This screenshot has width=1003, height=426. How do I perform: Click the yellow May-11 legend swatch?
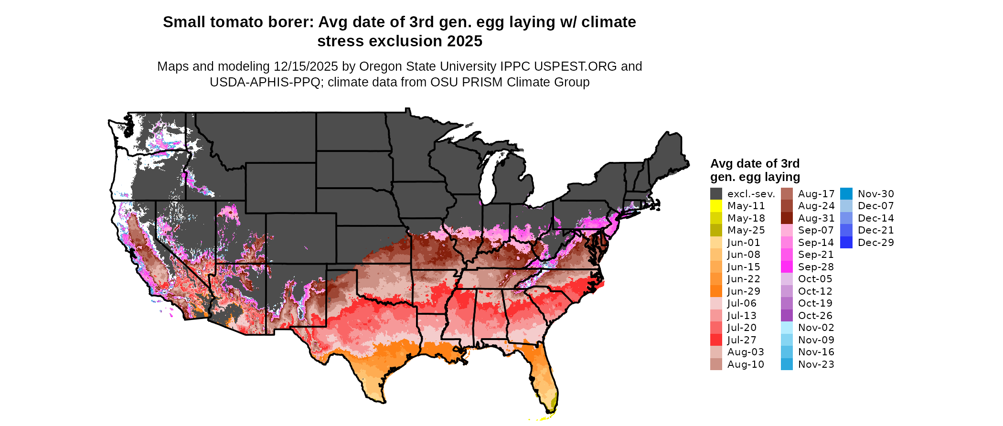pyautogui.click(x=716, y=206)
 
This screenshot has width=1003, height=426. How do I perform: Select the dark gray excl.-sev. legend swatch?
pyautogui.click(x=716, y=194)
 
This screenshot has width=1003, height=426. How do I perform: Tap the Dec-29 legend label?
pyautogui.click(x=875, y=243)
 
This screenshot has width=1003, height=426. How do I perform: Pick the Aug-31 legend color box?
pyautogui.click(x=787, y=218)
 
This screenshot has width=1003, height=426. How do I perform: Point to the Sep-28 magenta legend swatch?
pyautogui.click(x=787, y=267)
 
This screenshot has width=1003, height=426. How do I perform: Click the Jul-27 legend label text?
pyautogui.click(x=742, y=340)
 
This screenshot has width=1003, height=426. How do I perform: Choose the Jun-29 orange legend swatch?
pyautogui.click(x=716, y=291)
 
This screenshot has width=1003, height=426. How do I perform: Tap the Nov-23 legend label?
pyautogui.click(x=816, y=364)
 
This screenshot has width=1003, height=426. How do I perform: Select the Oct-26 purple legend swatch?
pyautogui.click(x=787, y=316)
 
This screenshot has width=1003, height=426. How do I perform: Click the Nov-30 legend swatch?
pyautogui.click(x=846, y=194)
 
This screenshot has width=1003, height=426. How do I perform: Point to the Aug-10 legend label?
pyautogui.click(x=746, y=364)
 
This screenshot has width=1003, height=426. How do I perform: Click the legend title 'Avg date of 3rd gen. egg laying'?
pyautogui.click(x=755, y=170)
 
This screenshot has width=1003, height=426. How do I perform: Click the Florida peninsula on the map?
pyautogui.click(x=544, y=373)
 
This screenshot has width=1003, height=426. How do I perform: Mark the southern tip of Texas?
pyautogui.click(x=382, y=400)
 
